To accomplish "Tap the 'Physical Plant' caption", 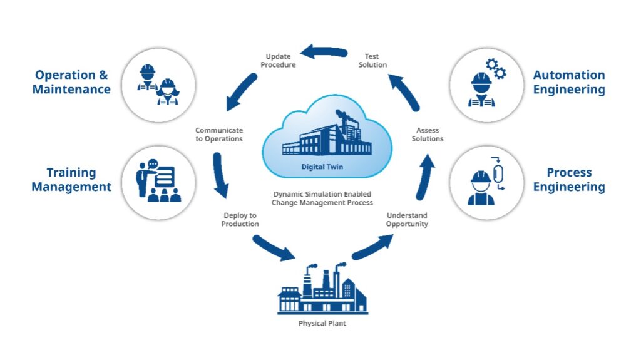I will point(320,324).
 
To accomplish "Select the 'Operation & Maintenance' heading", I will point(71,82).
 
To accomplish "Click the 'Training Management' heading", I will point(71,180).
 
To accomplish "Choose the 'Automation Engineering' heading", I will point(568,82).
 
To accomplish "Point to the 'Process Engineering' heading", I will point(568,180).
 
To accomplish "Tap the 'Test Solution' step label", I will point(372,61).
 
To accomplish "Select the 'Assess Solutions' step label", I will point(428,135).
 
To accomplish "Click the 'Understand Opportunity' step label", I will point(407,219).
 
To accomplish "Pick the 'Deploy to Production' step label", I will point(240,219).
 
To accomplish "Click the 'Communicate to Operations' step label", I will point(219,135).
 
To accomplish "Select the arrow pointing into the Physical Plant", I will point(274,247).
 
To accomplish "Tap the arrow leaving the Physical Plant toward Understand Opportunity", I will point(372,247).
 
